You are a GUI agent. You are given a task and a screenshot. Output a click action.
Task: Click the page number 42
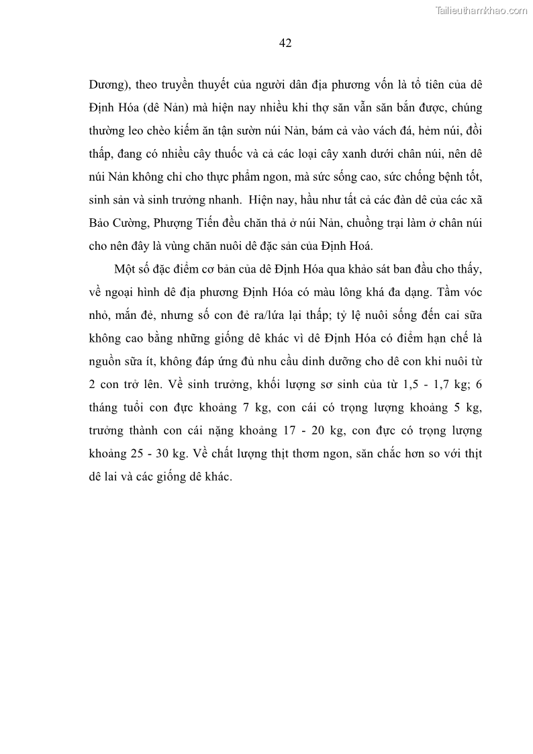pos(285,43)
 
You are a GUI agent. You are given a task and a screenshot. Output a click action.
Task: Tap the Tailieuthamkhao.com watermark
pos(482,10)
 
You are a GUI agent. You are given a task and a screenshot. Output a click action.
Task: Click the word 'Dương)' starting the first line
pos(109,86)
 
